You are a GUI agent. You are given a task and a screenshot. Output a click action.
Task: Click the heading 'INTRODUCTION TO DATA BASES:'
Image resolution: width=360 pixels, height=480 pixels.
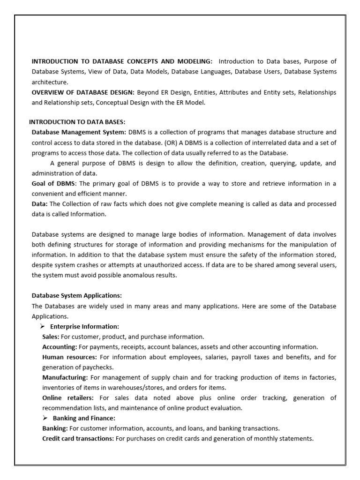click(77, 122)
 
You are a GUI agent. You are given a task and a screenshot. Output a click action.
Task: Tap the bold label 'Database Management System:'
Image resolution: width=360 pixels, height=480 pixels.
click(79, 133)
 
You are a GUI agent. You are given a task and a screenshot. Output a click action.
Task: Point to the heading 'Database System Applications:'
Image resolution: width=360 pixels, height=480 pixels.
click(76, 296)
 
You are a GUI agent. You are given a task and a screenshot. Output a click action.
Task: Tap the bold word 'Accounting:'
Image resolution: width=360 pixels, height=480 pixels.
click(60, 347)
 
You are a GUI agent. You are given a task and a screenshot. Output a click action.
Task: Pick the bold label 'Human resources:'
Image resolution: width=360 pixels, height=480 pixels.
click(69, 357)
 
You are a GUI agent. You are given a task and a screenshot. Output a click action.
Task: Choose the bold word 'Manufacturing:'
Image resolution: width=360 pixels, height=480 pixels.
click(65, 377)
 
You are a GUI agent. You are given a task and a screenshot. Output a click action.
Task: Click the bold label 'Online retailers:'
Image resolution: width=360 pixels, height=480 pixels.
click(67, 398)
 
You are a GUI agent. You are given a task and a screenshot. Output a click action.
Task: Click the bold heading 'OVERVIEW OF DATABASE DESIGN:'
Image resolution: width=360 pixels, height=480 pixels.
click(82, 92)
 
